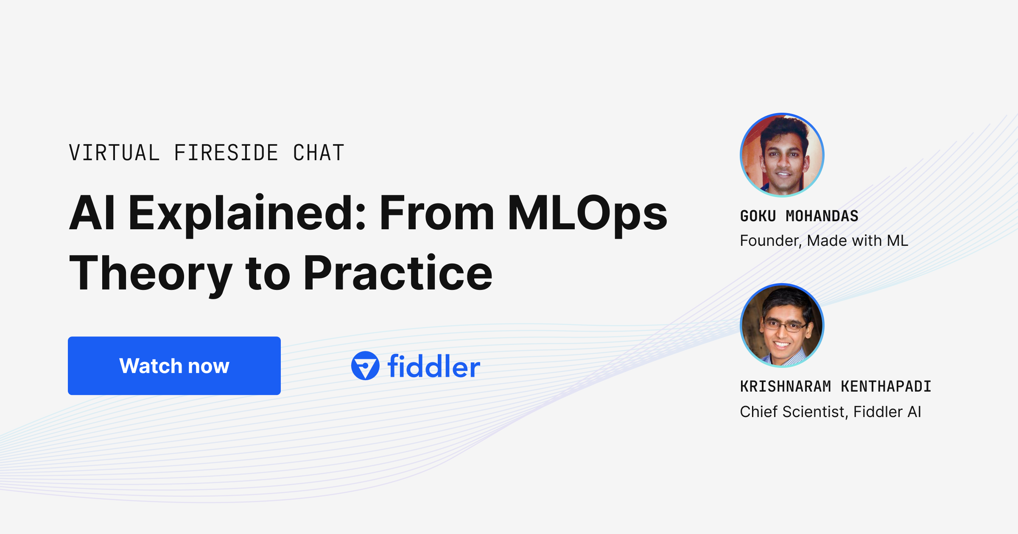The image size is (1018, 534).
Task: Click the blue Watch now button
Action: pyautogui.click(x=174, y=366)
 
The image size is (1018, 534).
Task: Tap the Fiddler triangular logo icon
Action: pyautogui.click(x=365, y=366)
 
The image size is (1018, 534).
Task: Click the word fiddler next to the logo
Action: pyautogui.click(x=433, y=367)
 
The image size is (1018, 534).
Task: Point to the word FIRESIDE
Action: pyautogui.click(x=226, y=153)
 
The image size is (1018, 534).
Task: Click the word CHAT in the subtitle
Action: pyautogui.click(x=319, y=153)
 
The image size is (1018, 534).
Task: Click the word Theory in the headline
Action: pyautogui.click(x=151, y=273)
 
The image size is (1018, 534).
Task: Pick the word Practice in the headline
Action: pyautogui.click(x=398, y=273)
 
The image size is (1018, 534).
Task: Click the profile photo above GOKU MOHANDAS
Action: pyautogui.click(x=782, y=155)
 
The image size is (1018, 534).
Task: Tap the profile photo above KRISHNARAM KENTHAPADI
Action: pyautogui.click(x=782, y=325)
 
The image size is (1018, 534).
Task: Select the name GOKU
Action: pyautogui.click(x=758, y=216)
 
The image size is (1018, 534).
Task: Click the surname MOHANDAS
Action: pyautogui.click(x=822, y=216)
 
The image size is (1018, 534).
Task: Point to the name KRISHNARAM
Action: pyautogui.click(x=786, y=387)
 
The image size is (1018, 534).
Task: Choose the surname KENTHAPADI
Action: pyautogui.click(x=886, y=387)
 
